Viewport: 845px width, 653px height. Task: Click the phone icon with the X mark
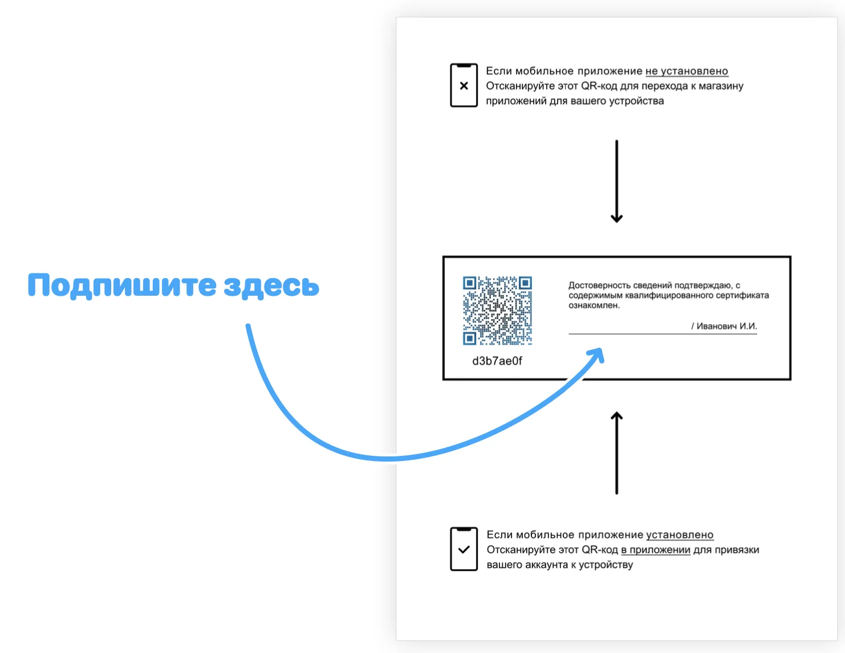point(464,85)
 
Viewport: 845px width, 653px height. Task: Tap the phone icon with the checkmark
point(464,549)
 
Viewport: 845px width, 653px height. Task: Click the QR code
point(497,311)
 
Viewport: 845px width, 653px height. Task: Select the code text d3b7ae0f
point(497,361)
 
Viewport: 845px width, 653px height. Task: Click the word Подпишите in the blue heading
point(121,285)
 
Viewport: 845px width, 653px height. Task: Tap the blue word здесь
point(271,286)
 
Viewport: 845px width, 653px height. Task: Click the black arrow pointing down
point(616,181)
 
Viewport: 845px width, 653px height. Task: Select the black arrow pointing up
point(616,453)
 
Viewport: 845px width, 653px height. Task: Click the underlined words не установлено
point(686,71)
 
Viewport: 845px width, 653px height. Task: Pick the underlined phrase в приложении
point(655,550)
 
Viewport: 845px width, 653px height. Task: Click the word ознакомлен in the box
point(593,305)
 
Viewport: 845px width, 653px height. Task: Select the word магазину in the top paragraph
point(721,86)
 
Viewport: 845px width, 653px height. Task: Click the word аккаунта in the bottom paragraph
point(546,565)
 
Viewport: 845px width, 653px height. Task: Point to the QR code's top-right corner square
point(525,283)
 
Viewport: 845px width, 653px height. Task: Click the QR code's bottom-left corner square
point(469,338)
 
